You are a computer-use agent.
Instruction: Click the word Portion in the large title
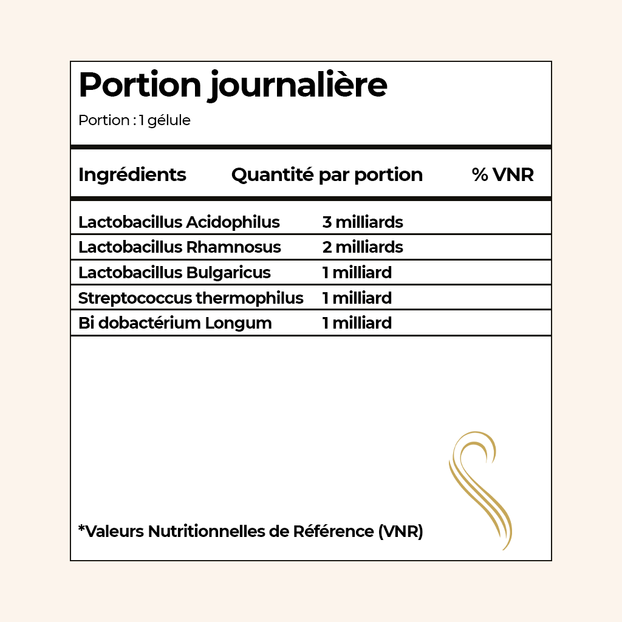click(139, 86)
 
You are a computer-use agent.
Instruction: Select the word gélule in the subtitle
click(169, 121)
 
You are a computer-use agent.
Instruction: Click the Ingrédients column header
click(132, 175)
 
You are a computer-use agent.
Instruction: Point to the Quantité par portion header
click(327, 175)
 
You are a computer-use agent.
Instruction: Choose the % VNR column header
click(502, 175)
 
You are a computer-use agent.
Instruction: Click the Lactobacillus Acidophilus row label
click(179, 222)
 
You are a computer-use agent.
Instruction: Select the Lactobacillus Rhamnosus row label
click(180, 247)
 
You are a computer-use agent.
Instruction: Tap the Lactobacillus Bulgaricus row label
click(174, 273)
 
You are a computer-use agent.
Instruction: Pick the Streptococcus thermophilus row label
click(191, 298)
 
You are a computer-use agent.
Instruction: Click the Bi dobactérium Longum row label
click(175, 323)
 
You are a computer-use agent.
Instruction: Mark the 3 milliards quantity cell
click(363, 222)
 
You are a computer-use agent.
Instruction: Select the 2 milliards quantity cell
click(363, 247)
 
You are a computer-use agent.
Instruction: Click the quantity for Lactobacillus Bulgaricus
click(357, 273)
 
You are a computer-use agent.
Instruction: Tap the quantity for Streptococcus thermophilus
click(357, 298)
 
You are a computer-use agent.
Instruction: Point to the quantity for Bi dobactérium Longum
click(357, 323)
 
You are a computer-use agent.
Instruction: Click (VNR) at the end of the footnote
click(400, 531)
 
